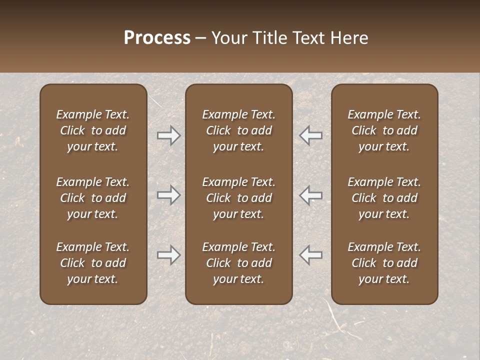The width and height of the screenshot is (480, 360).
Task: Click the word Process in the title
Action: pyautogui.click(x=157, y=38)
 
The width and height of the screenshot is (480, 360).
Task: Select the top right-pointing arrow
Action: pyautogui.click(x=168, y=135)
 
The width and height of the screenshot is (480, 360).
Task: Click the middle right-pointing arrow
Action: pyautogui.click(x=168, y=195)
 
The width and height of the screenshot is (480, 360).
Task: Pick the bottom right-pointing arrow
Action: pyautogui.click(x=168, y=255)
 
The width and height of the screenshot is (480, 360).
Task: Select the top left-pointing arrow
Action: pyautogui.click(x=311, y=135)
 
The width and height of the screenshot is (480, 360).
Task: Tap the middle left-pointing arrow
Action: pyautogui.click(x=311, y=195)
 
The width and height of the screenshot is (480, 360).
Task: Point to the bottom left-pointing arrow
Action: pyautogui.click(x=311, y=255)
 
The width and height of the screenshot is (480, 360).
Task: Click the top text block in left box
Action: pyautogui.click(x=93, y=130)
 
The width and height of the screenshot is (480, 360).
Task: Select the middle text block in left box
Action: pyautogui.click(x=93, y=198)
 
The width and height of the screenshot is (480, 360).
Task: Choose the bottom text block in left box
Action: pyautogui.click(x=93, y=263)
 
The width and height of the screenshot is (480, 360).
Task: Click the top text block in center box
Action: pyautogui.click(x=239, y=130)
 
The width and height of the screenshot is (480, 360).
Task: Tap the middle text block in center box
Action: pyautogui.click(x=239, y=198)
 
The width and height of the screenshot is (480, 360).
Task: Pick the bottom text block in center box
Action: pyautogui.click(x=239, y=263)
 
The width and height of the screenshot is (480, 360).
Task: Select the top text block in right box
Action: pyautogui.click(x=384, y=130)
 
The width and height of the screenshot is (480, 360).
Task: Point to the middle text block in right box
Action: pyautogui.click(x=384, y=198)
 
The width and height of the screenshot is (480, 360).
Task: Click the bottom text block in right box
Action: pyautogui.click(x=384, y=263)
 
